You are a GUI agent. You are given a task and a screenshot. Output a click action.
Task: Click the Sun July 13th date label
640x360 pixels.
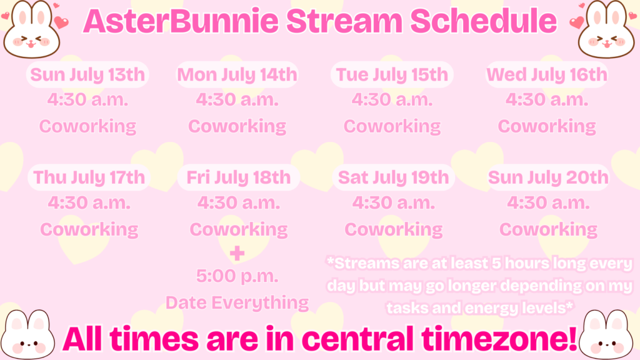pyautogui.click(x=87, y=75)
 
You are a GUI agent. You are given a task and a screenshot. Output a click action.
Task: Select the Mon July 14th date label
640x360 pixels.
pyautogui.click(x=237, y=75)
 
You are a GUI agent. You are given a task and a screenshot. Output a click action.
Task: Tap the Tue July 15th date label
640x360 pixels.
pyautogui.click(x=392, y=75)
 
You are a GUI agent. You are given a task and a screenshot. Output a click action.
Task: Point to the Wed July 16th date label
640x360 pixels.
pyautogui.click(x=547, y=75)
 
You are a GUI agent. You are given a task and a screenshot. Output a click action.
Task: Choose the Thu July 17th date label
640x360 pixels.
pyautogui.click(x=89, y=177)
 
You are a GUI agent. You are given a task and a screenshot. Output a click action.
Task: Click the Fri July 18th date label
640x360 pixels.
pyautogui.click(x=238, y=177)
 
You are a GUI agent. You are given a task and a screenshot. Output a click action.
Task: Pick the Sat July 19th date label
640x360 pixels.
pyautogui.click(x=394, y=177)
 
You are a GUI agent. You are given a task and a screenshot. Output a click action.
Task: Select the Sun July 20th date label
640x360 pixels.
pyautogui.click(x=548, y=177)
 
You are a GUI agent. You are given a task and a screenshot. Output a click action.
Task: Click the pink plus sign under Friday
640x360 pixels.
pyautogui.click(x=237, y=254)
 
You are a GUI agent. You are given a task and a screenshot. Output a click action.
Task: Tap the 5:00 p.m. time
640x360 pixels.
pyautogui.click(x=237, y=276)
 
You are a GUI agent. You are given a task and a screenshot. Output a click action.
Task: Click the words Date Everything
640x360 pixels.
pyautogui.click(x=237, y=303)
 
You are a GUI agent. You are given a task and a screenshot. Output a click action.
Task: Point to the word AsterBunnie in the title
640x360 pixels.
pyautogui.click(x=181, y=21)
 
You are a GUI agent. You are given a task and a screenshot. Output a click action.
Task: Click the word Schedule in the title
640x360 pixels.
pyautogui.click(x=483, y=21)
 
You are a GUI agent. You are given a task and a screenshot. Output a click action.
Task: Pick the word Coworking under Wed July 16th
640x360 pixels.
pyautogui.click(x=547, y=126)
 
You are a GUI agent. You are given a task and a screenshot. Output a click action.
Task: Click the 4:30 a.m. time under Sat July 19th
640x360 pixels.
pyautogui.click(x=394, y=203)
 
